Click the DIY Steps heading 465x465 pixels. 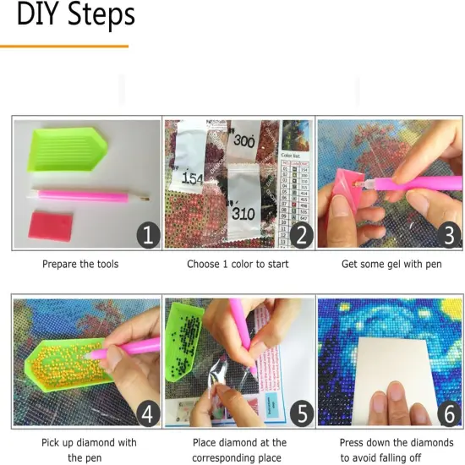coord(75,14)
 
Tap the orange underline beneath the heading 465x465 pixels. coord(64,46)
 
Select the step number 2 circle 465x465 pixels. coord(298,234)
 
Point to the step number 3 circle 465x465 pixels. coord(450,234)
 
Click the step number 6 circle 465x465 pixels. coord(450,413)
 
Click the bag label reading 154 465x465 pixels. coord(192,178)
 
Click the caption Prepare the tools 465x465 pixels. coord(80,264)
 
